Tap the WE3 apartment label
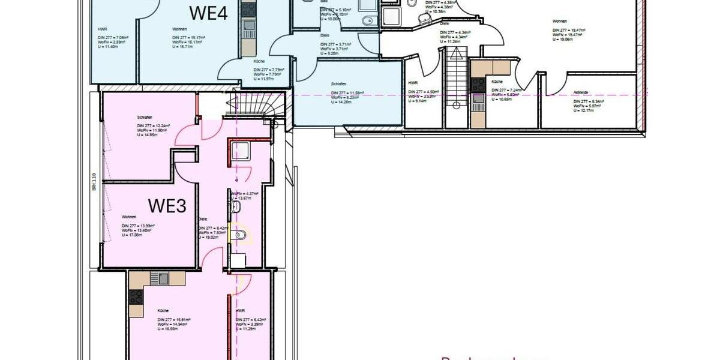[x=167, y=206]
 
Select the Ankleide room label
[x=580, y=92]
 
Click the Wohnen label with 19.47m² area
[x=560, y=22]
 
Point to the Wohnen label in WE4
[x=179, y=29]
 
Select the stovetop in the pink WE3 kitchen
[x=136, y=296]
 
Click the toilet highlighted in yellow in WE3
[x=241, y=235]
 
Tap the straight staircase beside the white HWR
[x=456, y=78]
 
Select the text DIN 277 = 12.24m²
[x=154, y=125]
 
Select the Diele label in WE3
[x=203, y=219]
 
